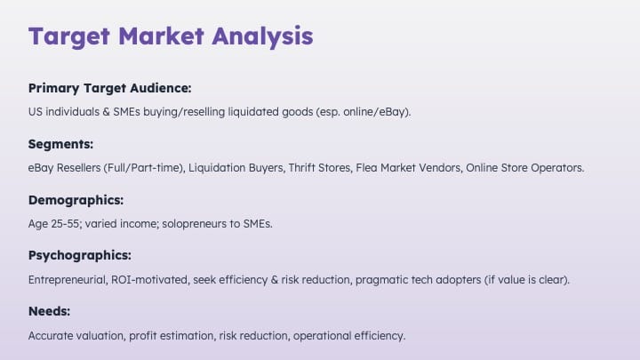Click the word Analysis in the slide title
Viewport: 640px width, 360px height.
[x=262, y=36]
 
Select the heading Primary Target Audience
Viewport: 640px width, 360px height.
[x=110, y=88]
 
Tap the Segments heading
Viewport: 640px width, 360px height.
[x=60, y=144]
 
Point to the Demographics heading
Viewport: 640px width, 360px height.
[x=76, y=200]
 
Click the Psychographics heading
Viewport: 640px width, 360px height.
[x=80, y=255]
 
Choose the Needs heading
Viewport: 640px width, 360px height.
[x=50, y=311]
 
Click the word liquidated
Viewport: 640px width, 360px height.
[x=253, y=112]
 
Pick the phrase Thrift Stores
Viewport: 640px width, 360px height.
[x=319, y=168]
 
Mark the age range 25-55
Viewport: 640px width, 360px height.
[x=65, y=224]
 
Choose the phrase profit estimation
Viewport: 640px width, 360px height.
[x=172, y=336]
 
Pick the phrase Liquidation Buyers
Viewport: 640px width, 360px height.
[x=236, y=168]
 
